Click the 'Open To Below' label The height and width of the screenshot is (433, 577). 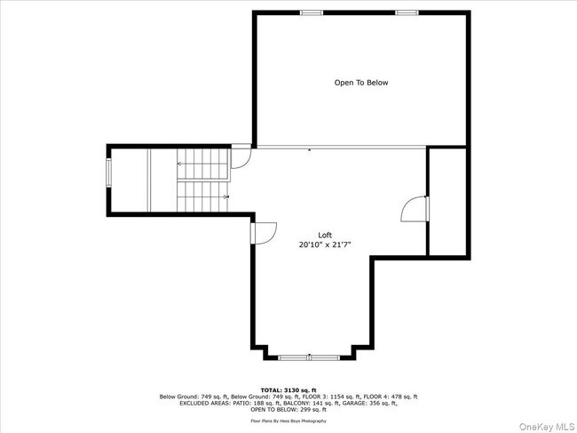(x=360, y=83)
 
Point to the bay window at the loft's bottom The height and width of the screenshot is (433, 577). (x=308, y=357)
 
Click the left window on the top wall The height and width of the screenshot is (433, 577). (x=311, y=12)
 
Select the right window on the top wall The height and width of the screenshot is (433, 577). (x=407, y=12)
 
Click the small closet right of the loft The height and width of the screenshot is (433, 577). (x=447, y=203)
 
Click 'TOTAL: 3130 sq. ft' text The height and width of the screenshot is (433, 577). (x=288, y=389)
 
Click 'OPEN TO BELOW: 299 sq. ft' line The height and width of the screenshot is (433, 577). (x=288, y=409)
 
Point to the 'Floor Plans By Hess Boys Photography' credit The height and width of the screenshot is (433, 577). (x=288, y=421)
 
